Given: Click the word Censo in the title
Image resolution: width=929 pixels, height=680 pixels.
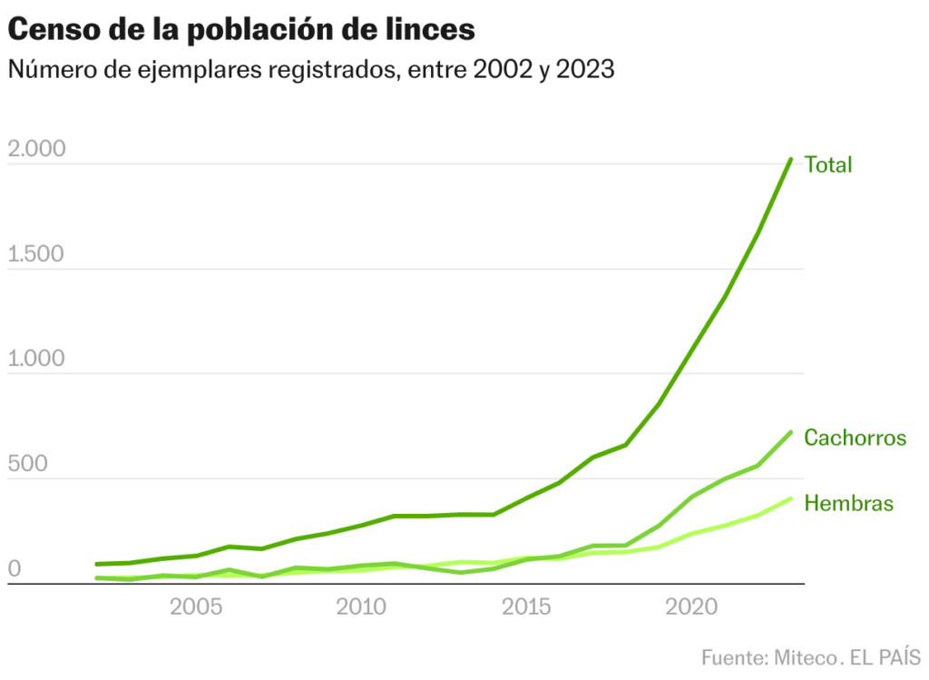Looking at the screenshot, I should point(51,29).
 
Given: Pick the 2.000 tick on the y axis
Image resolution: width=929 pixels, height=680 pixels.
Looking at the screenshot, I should point(36,149).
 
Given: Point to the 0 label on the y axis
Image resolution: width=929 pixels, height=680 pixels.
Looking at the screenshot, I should point(14,569).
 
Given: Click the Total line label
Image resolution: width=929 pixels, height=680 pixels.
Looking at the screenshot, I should point(828,165).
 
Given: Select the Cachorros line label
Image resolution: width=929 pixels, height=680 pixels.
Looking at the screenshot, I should point(855,438).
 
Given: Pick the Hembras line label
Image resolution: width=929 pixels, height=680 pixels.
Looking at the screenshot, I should point(848,503).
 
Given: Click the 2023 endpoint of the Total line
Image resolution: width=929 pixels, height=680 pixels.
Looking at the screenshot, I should point(790,160).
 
